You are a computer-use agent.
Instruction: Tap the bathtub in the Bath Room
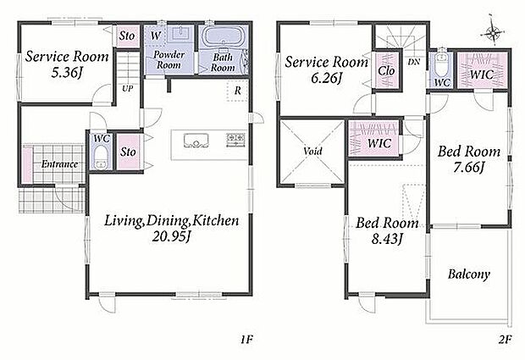click(x=223, y=36)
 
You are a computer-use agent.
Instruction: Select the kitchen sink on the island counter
click(x=196, y=141)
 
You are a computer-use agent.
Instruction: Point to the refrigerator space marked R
click(x=237, y=91)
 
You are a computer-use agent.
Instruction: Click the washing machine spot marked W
click(x=155, y=35)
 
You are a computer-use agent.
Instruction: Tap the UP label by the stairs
click(x=127, y=89)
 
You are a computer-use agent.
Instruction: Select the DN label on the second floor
click(x=414, y=63)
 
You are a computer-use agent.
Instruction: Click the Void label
click(x=312, y=151)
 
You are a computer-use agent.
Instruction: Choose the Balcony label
click(x=469, y=274)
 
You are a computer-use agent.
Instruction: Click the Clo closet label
click(x=386, y=70)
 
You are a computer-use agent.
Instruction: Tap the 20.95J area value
click(x=171, y=237)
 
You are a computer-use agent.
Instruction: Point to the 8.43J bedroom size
click(x=387, y=239)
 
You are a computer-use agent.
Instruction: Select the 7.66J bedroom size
click(x=469, y=167)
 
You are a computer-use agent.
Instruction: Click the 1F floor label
click(x=246, y=340)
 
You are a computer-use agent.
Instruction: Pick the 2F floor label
click(x=506, y=340)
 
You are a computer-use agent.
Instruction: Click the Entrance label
click(x=59, y=164)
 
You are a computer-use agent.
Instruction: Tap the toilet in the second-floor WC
click(x=440, y=64)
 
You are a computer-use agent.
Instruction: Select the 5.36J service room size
click(x=67, y=72)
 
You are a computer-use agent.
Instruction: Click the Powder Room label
click(x=169, y=59)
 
